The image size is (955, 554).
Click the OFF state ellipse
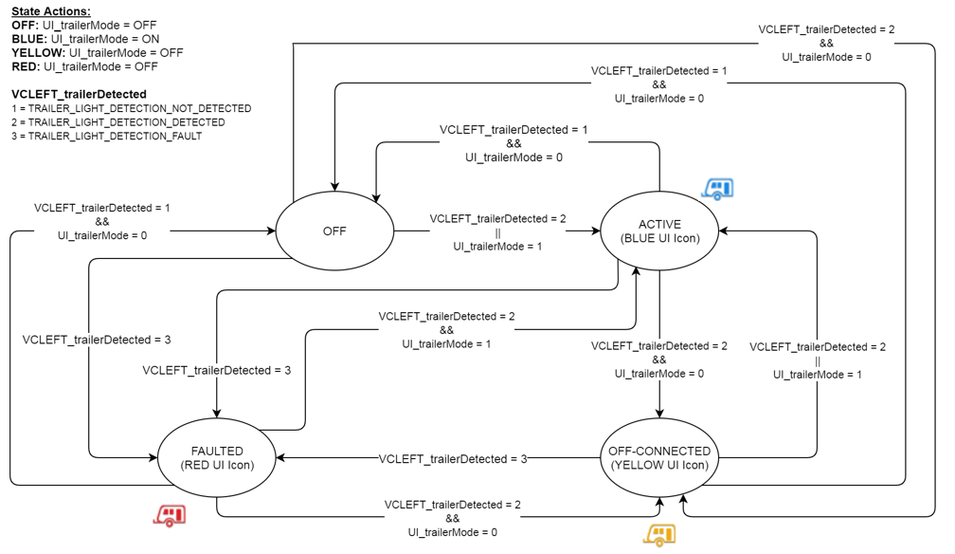[x=333, y=231]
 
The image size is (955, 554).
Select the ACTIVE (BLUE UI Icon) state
[x=659, y=231]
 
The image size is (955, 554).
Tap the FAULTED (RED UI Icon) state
[x=217, y=458]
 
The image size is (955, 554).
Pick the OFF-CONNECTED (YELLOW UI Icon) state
[x=659, y=458]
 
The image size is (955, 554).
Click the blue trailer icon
[x=717, y=188]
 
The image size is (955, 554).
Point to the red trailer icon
[x=170, y=515]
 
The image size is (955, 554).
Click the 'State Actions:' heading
[x=51, y=10]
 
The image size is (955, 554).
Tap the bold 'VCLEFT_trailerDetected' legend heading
[x=79, y=94]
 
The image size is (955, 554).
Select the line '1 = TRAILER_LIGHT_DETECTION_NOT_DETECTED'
[x=131, y=108]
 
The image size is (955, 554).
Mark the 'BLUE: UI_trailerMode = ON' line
[x=85, y=39]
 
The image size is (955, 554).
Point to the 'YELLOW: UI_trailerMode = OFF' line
[x=98, y=53]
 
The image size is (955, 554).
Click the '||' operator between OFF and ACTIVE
[x=497, y=232]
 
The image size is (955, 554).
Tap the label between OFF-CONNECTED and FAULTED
[x=453, y=459]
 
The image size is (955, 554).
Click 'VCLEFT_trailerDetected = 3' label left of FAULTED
[x=96, y=340]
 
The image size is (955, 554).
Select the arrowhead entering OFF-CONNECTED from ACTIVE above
[x=659, y=414]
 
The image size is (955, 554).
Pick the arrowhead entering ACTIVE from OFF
[x=596, y=231]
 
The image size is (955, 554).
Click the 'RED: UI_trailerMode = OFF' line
[x=84, y=66]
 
